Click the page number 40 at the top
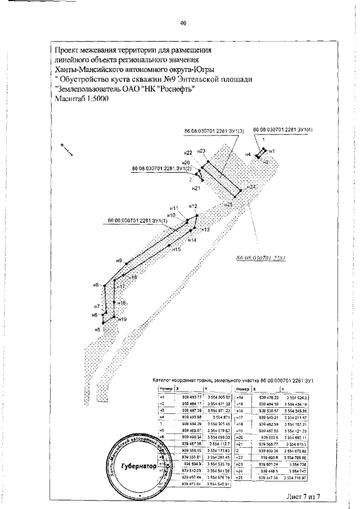pos(182,23)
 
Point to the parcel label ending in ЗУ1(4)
pos(282,129)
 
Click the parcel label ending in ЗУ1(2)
pos(161,168)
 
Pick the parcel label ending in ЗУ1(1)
pos(138,220)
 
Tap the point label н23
pos(202,151)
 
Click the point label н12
pos(193,205)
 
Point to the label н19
pos(122,319)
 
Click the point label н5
pos(97,330)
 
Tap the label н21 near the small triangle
pos(196,188)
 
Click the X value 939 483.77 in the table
pos(190,397)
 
